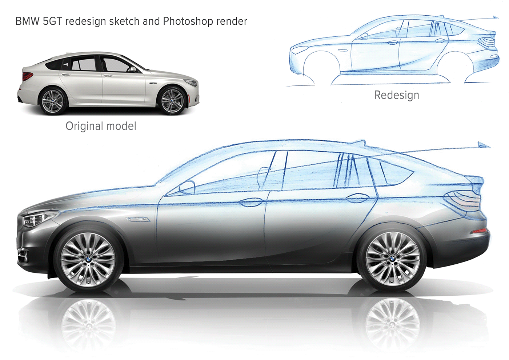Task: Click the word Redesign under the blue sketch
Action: pos(397,95)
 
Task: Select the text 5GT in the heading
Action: pos(52,21)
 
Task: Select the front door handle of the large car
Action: pos(252,201)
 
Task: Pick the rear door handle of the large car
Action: pos(357,198)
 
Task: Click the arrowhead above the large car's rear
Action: pos(484,145)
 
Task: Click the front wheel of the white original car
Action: pos(172,100)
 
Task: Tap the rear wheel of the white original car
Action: pos(53,100)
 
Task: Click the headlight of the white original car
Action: pos(191,83)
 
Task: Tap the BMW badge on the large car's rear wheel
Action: pos(392,258)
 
